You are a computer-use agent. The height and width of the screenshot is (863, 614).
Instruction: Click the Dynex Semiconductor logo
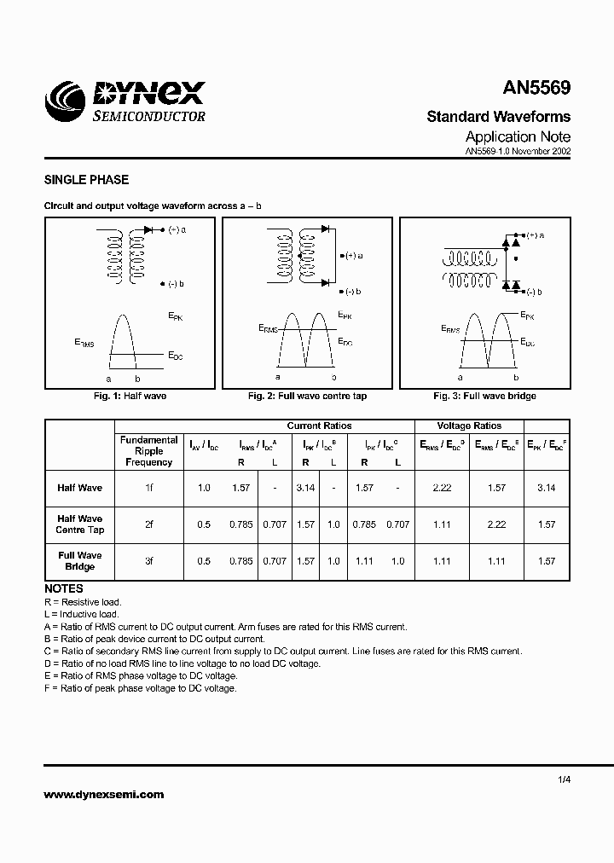tap(127, 101)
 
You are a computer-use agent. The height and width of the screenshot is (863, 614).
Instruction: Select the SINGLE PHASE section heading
tap(86, 180)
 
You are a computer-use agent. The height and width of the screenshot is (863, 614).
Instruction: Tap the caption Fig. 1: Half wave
tap(130, 396)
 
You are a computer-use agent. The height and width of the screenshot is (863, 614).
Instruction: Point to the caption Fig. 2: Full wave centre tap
tap(307, 396)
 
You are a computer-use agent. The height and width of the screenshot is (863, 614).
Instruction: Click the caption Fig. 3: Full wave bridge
tap(484, 396)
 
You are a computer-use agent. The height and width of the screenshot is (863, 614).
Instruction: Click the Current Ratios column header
tap(319, 426)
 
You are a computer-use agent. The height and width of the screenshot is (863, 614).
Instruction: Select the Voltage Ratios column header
tap(469, 426)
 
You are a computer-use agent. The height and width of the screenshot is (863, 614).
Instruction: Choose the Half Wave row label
tap(79, 488)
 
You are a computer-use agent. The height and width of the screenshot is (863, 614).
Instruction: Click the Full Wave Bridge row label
tap(79, 561)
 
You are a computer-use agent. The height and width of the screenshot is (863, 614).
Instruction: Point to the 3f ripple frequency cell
tap(148, 561)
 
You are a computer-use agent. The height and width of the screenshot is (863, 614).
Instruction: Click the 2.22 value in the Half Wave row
tap(441, 488)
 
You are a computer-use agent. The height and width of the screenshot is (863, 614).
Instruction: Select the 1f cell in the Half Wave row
tap(148, 488)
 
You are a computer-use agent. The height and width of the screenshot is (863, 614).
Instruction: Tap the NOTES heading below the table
tap(63, 588)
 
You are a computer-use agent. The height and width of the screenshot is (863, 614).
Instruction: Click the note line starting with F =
tap(141, 688)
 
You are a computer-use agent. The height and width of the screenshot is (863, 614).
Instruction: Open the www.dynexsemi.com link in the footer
tap(103, 794)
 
